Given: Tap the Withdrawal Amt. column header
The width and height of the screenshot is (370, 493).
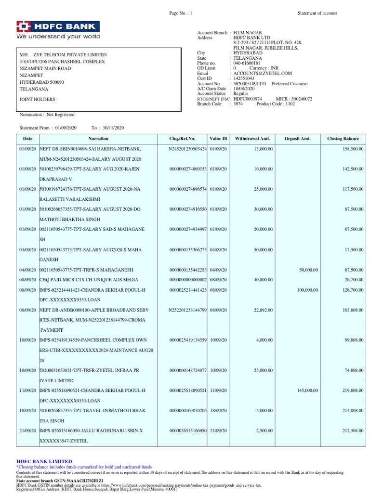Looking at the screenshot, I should point(250,138).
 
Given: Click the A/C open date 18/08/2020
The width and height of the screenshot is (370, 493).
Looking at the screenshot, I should point(246,89).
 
